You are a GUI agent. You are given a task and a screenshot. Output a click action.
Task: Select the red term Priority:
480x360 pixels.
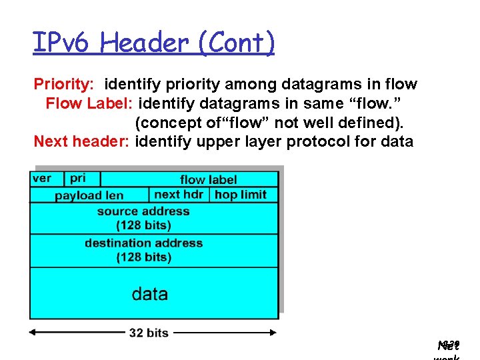point(64,85)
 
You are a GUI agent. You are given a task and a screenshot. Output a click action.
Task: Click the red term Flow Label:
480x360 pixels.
point(91,104)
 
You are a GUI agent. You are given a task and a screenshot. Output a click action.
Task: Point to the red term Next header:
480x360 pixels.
point(82,141)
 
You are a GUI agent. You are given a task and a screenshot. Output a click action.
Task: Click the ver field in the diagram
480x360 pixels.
point(41,179)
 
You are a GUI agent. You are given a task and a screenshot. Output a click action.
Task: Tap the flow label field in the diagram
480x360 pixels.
point(208,179)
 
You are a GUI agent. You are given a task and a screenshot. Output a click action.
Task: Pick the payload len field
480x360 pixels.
point(89,195)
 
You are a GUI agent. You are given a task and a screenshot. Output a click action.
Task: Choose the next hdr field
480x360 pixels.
point(178,195)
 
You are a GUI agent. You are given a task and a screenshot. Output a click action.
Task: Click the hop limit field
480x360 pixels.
point(241,195)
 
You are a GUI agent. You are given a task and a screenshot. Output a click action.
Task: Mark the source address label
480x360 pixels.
point(143,218)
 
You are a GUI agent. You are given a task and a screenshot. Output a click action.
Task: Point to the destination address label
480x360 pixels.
point(143,250)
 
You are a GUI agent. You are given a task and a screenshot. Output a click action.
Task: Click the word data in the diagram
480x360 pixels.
point(150,294)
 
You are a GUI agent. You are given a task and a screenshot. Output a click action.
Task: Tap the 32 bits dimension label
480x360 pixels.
point(148,333)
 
